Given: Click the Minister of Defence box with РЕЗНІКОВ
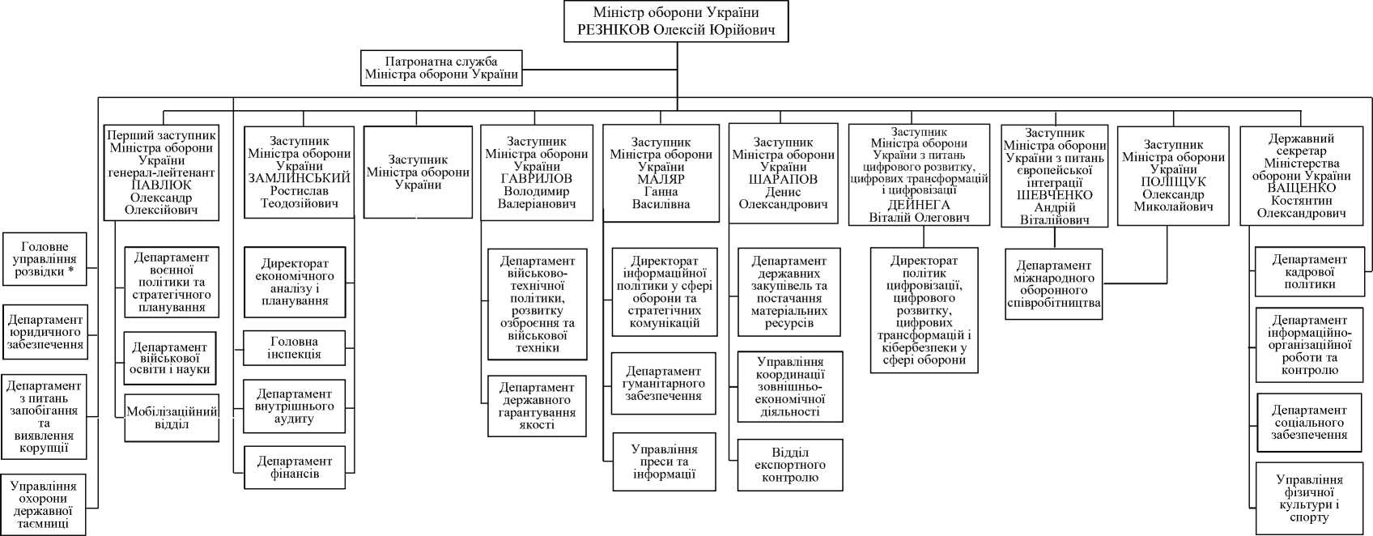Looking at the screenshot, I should point(677,22).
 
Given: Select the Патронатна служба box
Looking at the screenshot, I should point(441,69).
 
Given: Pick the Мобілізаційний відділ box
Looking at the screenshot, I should point(172,418).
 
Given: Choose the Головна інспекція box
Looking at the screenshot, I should point(295,348).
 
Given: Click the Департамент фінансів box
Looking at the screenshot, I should point(295,467).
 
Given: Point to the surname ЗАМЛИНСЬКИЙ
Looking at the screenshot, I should point(300,178).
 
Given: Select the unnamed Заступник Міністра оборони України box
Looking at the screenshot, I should point(418,172).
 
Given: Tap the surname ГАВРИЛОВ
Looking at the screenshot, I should point(537,179).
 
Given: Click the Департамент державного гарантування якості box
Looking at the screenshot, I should point(537,406).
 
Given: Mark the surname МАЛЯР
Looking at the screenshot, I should point(661,179).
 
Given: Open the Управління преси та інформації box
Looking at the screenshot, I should point(664,462).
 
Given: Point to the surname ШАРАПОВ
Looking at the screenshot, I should point(783,179).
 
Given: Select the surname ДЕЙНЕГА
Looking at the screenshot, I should point(919,204).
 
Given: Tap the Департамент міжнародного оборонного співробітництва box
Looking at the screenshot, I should point(1054,284).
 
